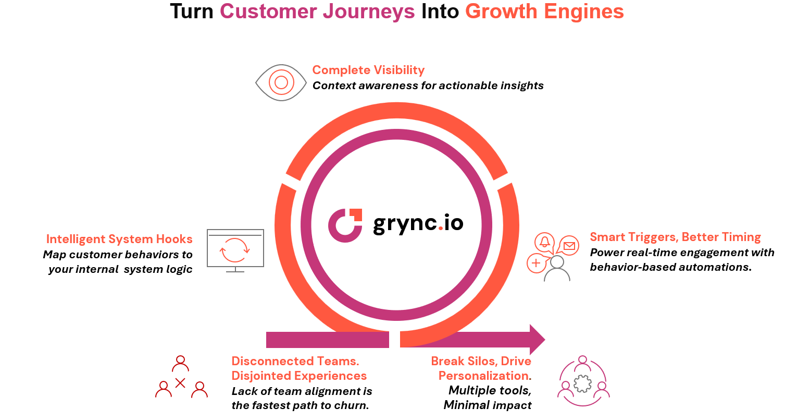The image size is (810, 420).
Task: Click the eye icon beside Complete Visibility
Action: pos(281,82)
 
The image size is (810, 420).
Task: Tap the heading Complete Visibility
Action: pos(368,70)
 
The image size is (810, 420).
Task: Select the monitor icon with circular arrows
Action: pos(235,249)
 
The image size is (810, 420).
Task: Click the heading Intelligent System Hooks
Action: pos(119,239)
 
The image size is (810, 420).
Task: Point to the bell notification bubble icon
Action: pos(544,242)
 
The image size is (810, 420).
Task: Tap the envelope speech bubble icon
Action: pos(569,245)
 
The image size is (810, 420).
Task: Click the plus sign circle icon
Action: pos(536,263)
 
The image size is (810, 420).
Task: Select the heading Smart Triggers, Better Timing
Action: pos(675,237)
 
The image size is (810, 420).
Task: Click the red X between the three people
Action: pos(180,383)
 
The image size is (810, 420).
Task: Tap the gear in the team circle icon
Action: pos(582,383)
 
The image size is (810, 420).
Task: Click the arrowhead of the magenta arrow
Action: pos(537,340)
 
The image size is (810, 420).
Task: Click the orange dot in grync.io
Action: pos(440,228)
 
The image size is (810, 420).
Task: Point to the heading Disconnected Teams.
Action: pos(295,361)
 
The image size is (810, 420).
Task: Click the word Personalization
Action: pos(483,376)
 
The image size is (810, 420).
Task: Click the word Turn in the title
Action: pos(192,11)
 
